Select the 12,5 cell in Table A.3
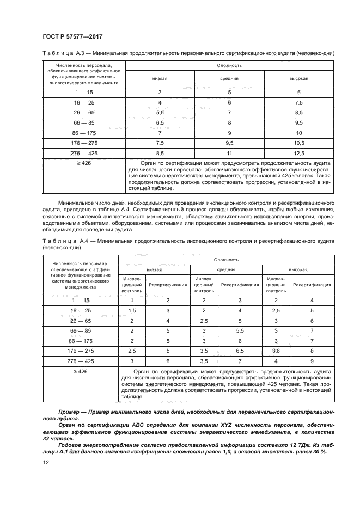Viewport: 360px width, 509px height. (298, 154)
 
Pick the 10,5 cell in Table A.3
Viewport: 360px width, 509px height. (298, 143)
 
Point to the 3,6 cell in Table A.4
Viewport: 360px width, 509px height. (276, 351)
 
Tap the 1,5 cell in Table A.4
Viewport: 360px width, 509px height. (131, 310)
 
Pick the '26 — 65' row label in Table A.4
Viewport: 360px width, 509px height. (80, 320)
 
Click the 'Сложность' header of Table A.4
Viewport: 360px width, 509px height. (226, 260)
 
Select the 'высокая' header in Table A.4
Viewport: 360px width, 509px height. (298, 269)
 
